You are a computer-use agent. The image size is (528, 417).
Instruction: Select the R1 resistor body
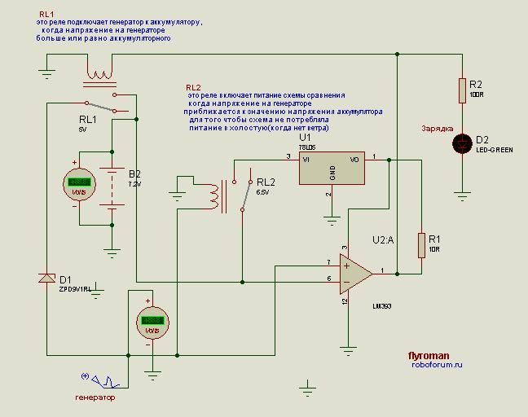[422, 244]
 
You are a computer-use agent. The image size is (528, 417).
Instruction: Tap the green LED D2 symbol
[463, 143]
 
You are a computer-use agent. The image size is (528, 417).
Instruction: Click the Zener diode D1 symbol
[47, 278]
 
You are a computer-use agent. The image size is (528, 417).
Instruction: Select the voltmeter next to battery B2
[79, 183]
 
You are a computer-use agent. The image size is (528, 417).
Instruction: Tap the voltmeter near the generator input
[152, 321]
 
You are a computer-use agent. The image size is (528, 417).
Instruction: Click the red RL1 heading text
[46, 15]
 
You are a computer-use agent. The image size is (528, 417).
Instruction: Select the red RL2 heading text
[193, 86]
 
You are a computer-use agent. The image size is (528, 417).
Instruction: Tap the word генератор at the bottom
[95, 397]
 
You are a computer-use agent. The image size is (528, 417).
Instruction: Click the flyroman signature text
[429, 356]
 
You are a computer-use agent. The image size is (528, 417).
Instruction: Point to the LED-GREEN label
[494, 150]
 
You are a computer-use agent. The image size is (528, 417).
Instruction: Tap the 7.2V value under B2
[134, 184]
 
